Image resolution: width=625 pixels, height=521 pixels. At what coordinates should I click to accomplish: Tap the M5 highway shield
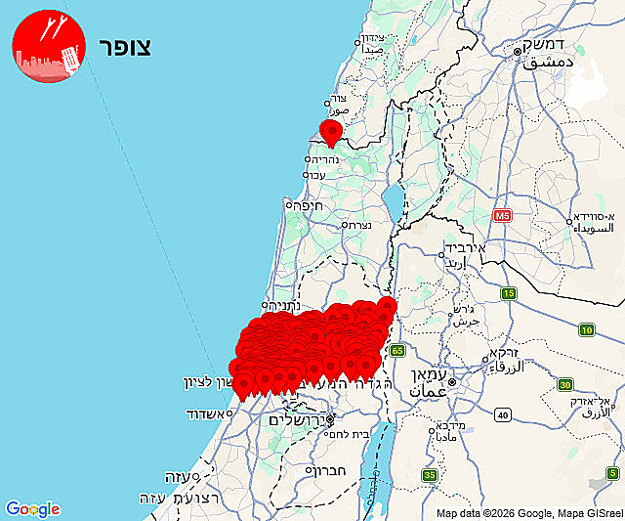tap(502, 215)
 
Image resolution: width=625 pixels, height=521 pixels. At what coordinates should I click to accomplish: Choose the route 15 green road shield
tap(509, 293)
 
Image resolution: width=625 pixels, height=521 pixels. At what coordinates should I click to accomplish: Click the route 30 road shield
tap(566, 384)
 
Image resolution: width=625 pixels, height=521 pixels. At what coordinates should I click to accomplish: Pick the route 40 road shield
tap(503, 415)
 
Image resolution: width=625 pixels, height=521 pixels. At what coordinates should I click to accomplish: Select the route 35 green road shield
tap(430, 475)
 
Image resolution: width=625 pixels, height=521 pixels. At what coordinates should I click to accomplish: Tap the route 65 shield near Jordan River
tap(396, 350)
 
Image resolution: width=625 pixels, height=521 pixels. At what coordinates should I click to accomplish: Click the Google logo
tap(32, 509)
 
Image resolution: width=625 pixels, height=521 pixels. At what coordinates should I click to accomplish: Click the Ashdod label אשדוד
tap(208, 414)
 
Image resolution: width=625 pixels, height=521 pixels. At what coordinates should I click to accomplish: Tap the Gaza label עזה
tap(176, 476)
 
